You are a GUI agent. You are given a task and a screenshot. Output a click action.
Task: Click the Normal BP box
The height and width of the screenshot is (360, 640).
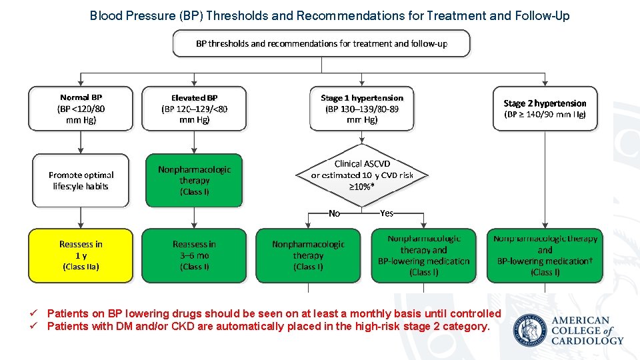point(81,108)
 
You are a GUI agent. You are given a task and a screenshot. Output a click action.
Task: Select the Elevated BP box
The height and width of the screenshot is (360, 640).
point(194,108)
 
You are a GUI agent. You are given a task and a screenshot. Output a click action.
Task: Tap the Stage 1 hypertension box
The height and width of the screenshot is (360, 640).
point(361,108)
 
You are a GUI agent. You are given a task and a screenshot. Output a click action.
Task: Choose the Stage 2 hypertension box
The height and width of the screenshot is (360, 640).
point(545,108)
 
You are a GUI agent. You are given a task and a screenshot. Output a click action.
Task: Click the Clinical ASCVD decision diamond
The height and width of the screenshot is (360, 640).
point(362,175)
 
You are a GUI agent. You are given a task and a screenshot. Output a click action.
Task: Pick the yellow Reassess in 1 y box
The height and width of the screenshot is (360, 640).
point(81,255)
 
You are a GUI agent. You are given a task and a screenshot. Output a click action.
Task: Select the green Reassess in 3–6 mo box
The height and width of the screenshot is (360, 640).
point(194,255)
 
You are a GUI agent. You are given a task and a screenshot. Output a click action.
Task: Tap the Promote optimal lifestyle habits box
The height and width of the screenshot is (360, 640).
point(81,180)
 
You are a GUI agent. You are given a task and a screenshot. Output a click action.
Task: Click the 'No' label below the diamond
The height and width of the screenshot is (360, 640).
point(335,213)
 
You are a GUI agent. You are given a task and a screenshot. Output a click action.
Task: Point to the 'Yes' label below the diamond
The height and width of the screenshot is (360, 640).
point(387,213)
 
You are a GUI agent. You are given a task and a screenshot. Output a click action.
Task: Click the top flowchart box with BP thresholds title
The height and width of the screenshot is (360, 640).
point(321,43)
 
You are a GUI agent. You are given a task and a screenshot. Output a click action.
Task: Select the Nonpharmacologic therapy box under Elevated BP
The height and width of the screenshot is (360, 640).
point(194,180)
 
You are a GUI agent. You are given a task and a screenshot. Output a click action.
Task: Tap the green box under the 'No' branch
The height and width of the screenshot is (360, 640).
point(307,255)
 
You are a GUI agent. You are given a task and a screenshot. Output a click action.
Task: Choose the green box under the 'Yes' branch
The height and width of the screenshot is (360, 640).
point(423,255)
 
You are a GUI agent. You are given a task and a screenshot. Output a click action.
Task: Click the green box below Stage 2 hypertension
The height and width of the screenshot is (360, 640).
point(545,255)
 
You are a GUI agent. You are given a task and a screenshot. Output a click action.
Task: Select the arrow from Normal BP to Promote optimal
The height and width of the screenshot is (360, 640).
point(81,142)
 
